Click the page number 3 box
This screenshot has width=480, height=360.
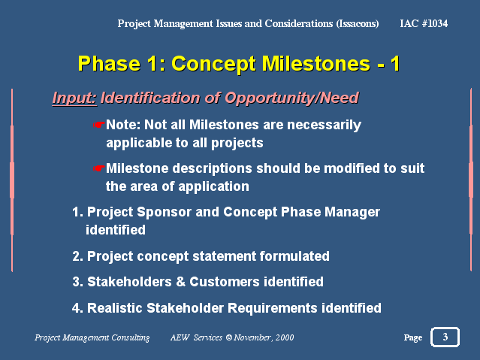point(445,337)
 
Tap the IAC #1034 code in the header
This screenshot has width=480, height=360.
point(424,23)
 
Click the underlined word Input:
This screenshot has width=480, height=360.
point(74,98)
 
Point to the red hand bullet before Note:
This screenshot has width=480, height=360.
point(99,125)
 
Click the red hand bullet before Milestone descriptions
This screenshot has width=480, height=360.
point(99,168)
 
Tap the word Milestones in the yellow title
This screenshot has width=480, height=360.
point(316,63)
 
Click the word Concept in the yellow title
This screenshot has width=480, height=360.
point(213,65)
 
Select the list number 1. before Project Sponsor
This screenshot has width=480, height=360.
point(78,212)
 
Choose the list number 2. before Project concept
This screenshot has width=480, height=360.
point(78,256)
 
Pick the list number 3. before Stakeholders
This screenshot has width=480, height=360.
point(78,282)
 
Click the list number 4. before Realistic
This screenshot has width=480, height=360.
point(78,308)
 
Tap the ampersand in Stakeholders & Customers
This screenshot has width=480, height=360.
point(180,282)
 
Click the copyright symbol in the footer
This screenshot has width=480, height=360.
point(229,337)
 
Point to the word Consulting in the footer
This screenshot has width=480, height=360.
point(131,337)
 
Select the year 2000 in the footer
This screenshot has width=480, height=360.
point(285,337)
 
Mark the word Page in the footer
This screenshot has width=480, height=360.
point(413,337)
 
